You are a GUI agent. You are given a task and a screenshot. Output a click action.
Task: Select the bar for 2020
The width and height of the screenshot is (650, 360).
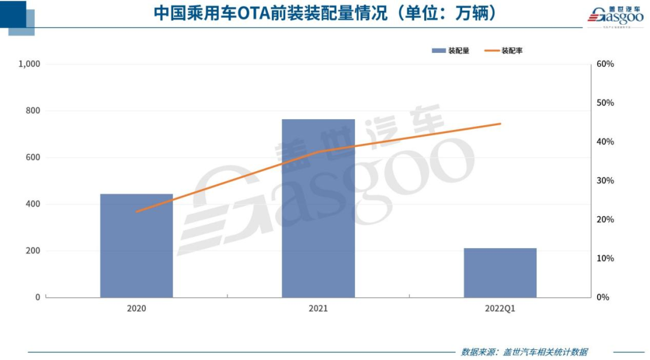click(x=137, y=246)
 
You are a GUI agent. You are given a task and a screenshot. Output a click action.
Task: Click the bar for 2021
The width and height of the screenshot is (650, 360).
click(x=318, y=208)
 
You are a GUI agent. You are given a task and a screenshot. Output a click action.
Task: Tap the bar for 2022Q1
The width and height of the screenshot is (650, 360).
click(x=500, y=273)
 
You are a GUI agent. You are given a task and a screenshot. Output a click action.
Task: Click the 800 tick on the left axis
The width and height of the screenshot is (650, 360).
click(x=33, y=111)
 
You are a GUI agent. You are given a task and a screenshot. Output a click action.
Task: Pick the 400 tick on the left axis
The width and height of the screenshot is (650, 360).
click(x=33, y=204)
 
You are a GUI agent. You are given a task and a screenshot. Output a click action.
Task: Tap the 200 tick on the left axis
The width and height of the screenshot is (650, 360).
click(x=33, y=251)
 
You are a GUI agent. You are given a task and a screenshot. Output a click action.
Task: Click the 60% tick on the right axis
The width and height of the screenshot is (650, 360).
click(x=604, y=64)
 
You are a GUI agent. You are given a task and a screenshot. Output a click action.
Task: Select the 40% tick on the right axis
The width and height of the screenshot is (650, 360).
click(x=604, y=142)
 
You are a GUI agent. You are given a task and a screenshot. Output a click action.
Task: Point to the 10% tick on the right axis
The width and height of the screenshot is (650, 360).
click(x=604, y=258)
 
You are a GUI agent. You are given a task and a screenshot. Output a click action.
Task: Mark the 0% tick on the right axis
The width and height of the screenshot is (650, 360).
click(x=602, y=297)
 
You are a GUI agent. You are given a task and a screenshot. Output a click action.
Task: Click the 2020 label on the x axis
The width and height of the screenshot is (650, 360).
click(x=137, y=308)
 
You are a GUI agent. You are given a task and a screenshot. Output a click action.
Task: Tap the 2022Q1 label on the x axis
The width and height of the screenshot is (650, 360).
click(x=500, y=308)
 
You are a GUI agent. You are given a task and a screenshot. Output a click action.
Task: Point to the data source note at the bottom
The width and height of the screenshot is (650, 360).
click(x=524, y=352)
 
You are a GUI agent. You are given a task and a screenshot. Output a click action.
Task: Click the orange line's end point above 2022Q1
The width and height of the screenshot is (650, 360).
click(x=500, y=124)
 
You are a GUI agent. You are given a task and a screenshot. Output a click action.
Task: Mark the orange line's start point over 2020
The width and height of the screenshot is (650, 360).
click(x=137, y=212)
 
